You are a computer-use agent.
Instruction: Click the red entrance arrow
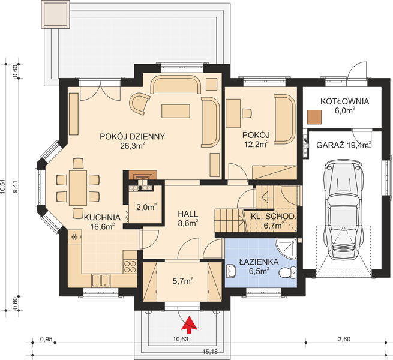pyautogui.click(x=189, y=325)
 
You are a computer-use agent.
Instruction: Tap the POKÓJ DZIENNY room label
pyautogui.click(x=133, y=137)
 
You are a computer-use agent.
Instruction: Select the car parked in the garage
pyautogui.click(x=344, y=210)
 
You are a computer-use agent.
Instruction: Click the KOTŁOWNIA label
pyautogui.click(x=344, y=101)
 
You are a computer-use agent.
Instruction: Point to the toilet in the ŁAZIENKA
pyautogui.click(x=287, y=272)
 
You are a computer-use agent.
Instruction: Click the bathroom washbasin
pyautogui.click(x=231, y=271)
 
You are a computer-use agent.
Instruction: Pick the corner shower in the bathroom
pyautogui.click(x=286, y=248)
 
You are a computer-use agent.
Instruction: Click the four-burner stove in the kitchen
pyautogui.click(x=130, y=266)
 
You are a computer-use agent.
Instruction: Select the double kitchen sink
pyautogui.click(x=101, y=280)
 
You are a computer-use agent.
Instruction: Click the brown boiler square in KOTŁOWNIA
pyautogui.click(x=314, y=117)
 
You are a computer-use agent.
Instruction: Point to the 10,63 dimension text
pyautogui.click(x=181, y=339)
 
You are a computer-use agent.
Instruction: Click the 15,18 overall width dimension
pyautogui.click(x=210, y=352)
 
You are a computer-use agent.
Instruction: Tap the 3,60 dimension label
pyautogui.click(x=344, y=339)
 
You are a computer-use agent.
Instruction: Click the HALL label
pyautogui.click(x=188, y=214)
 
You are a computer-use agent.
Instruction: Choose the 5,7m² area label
pyautogui.click(x=183, y=281)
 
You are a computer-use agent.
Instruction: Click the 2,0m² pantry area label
pyautogui.click(x=146, y=207)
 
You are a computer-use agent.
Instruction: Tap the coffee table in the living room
pyautogui.click(x=176, y=111)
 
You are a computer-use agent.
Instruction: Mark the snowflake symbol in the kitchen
pyautogui.click(x=74, y=236)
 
